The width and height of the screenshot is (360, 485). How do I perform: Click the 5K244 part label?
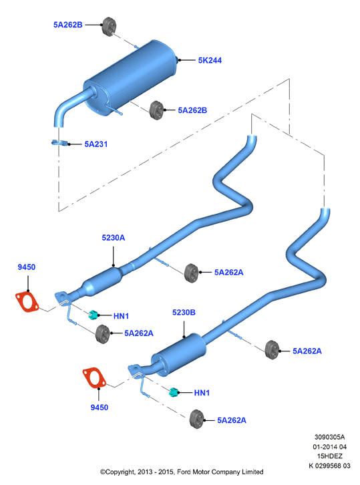[210, 60]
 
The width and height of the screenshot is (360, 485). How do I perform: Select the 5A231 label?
[96, 144]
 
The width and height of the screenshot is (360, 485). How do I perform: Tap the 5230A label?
[113, 238]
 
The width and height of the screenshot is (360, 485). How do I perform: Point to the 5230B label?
[184, 313]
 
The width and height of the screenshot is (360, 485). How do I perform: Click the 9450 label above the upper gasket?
[26, 267]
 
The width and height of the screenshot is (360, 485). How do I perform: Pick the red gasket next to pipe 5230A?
[27, 301]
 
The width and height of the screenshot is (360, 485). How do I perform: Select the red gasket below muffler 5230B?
[94, 377]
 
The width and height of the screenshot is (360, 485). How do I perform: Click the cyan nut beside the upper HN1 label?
[93, 315]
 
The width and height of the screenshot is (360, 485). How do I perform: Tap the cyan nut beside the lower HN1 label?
[174, 392]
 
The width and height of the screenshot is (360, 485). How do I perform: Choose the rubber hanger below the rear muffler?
[156, 110]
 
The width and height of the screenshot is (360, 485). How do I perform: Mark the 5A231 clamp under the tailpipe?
[59, 143]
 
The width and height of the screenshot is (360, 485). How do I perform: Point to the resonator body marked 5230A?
[102, 281]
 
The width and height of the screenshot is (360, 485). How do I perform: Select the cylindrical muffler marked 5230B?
[178, 355]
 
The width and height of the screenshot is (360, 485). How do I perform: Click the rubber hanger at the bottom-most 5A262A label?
[197, 419]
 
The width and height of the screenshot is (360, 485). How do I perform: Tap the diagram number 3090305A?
[329, 437]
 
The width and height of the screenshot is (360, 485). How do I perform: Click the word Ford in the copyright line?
[184, 472]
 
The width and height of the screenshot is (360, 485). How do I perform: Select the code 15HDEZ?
[330, 456]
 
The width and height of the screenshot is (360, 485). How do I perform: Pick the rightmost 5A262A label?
[307, 351]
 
